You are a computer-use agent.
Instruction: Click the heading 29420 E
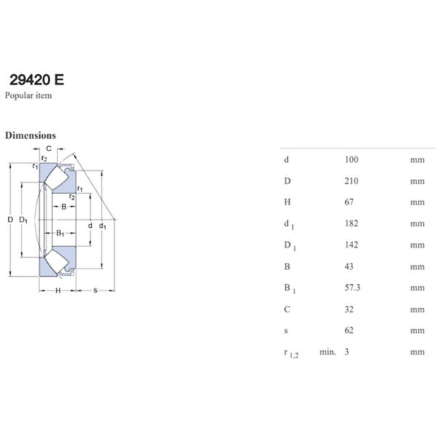37,80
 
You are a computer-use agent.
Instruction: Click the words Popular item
28,95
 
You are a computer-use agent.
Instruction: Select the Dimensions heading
31,135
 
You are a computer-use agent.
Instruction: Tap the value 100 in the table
352,160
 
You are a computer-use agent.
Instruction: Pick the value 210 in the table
352,181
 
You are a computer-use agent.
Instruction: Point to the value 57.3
353,288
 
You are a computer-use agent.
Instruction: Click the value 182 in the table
352,224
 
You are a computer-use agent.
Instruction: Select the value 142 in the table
352,245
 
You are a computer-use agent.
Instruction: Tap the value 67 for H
350,202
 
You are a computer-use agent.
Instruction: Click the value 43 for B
350,267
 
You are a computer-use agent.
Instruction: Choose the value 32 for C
350,310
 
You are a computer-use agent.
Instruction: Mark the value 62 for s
350,331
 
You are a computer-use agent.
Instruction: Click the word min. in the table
328,352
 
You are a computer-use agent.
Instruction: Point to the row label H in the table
288,202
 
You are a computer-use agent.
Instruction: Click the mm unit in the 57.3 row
416,288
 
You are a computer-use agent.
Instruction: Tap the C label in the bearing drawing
49,149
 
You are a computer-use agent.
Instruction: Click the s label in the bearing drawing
95,291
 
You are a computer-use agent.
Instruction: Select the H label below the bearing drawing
57,291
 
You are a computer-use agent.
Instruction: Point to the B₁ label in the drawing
61,233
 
